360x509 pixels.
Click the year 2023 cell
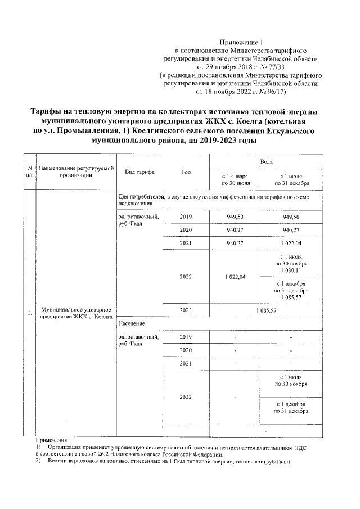pyautogui.click(x=186, y=310)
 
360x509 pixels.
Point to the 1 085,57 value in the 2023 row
pyautogui.click(x=266, y=310)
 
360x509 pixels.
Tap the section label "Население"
pyautogui.click(x=131, y=324)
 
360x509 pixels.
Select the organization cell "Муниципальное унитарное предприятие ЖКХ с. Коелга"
pyautogui.click(x=74, y=313)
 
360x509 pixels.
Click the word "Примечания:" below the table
pyautogui.click(x=52, y=440)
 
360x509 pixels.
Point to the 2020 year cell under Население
pyautogui.click(x=186, y=350)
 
